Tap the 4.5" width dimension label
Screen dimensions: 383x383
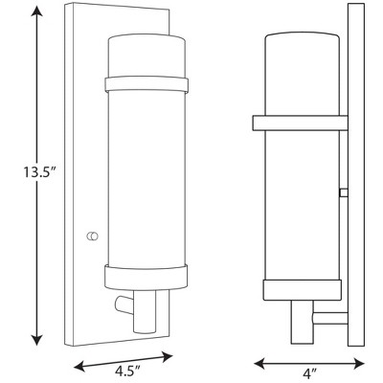[x=127, y=371]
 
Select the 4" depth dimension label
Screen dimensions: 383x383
[x=309, y=372]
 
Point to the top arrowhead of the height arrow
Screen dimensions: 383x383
[x=38, y=11]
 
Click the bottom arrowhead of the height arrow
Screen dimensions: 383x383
[x=38, y=339]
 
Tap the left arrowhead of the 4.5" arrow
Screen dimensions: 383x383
[x=79, y=365]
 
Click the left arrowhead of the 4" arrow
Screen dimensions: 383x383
[x=260, y=363]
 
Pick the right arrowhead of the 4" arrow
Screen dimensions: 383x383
[x=358, y=363]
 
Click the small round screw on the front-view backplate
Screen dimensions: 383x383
[x=92, y=237]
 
